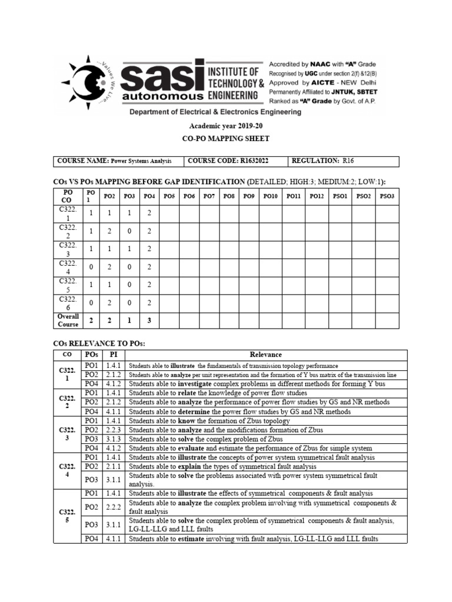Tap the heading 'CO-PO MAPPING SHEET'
[226, 139]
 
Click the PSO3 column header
[387, 196]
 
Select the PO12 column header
[317, 196]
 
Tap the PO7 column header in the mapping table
[209, 196]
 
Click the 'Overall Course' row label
[68, 320]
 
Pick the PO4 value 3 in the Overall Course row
[149, 320]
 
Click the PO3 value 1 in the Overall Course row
[129, 320]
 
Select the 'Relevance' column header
[265, 354]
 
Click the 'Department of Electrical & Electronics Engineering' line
[226, 112]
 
